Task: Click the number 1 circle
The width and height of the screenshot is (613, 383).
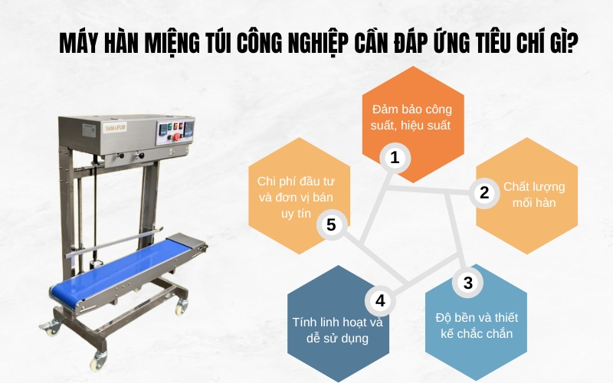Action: click(x=395, y=158)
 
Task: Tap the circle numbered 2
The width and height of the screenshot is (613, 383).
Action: click(x=484, y=192)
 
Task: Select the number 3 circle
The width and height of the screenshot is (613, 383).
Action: click(x=467, y=282)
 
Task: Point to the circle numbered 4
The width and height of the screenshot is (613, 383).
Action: click(x=380, y=298)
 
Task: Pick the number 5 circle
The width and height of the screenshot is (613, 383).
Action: click(x=331, y=224)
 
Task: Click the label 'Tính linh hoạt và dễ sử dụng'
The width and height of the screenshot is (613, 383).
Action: click(x=338, y=329)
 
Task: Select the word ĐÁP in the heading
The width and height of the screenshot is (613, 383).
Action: click(x=395, y=44)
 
